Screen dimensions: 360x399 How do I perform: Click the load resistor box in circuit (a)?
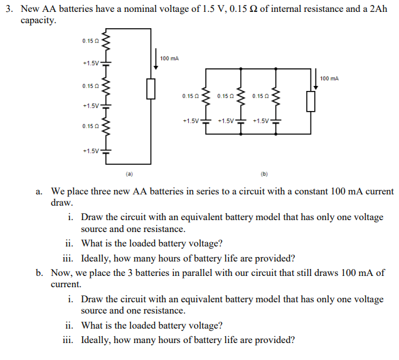150,89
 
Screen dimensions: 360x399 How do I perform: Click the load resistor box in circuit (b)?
311,101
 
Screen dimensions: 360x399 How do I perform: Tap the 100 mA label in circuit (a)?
169,58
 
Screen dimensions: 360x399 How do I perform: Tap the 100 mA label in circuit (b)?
329,78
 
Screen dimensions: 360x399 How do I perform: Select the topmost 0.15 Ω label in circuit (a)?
88,41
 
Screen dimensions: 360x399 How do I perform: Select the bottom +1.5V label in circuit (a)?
90,151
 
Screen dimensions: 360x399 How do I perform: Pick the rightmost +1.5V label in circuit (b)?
260,120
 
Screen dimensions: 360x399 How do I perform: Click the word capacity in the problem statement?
38,20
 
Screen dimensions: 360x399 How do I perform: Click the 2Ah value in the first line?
356,8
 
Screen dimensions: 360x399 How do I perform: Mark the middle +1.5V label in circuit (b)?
226,120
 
